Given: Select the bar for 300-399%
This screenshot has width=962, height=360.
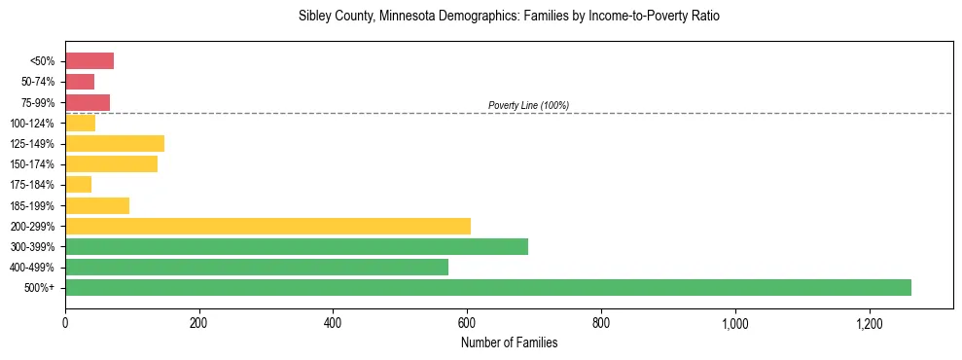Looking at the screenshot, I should [x=297, y=246].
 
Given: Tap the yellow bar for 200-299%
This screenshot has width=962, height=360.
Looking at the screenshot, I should [x=267, y=226].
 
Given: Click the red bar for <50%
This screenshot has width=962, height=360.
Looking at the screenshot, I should [x=89, y=61].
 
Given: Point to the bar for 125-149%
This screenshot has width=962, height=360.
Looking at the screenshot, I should [x=115, y=144].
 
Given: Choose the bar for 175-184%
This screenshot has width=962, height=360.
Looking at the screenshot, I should [x=79, y=185].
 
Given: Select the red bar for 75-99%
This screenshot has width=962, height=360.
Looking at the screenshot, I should [x=88, y=102].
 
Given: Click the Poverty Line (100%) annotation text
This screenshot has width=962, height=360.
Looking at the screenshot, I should [x=528, y=105].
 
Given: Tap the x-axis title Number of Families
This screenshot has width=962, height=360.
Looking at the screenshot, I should [x=509, y=342].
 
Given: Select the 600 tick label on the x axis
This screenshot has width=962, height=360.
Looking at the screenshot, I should [x=467, y=321].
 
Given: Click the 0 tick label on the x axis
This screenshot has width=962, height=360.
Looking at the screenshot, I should [x=65, y=321].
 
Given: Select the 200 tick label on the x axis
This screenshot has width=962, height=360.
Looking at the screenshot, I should [x=198, y=321].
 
